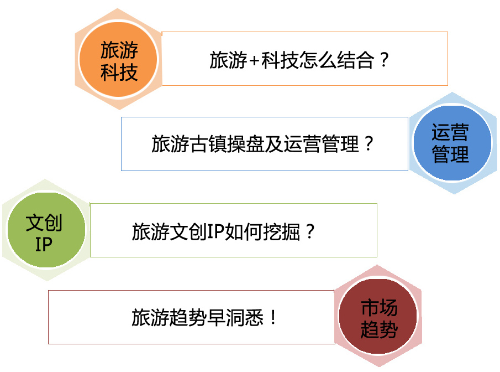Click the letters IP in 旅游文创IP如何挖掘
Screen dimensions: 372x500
tap(214, 231)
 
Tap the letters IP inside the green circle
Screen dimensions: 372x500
tap(44, 244)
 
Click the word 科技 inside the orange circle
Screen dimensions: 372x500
tap(119, 72)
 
